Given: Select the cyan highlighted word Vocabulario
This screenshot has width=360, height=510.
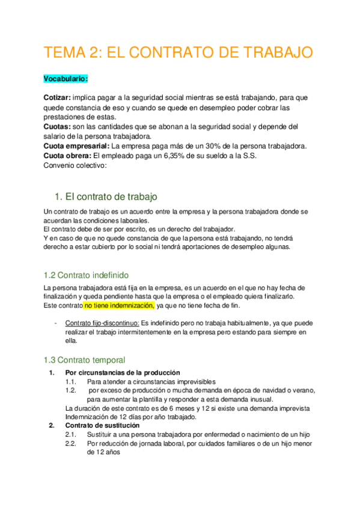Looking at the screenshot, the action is click(x=66, y=79).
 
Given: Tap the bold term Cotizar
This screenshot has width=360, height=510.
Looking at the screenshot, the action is click(x=57, y=97).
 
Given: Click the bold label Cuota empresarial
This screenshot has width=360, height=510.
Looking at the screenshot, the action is click(x=77, y=146).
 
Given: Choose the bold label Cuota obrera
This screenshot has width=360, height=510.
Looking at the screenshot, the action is click(x=69, y=156).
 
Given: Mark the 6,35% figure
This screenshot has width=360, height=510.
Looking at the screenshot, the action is click(x=178, y=156).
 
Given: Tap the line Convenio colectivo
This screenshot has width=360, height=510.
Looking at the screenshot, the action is click(x=75, y=166).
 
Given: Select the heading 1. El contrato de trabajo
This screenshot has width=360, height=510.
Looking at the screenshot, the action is click(x=106, y=197).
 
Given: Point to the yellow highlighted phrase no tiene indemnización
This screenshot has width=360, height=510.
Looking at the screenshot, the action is click(x=119, y=306).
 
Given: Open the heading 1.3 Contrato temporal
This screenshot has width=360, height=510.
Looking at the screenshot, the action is click(x=84, y=360).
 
